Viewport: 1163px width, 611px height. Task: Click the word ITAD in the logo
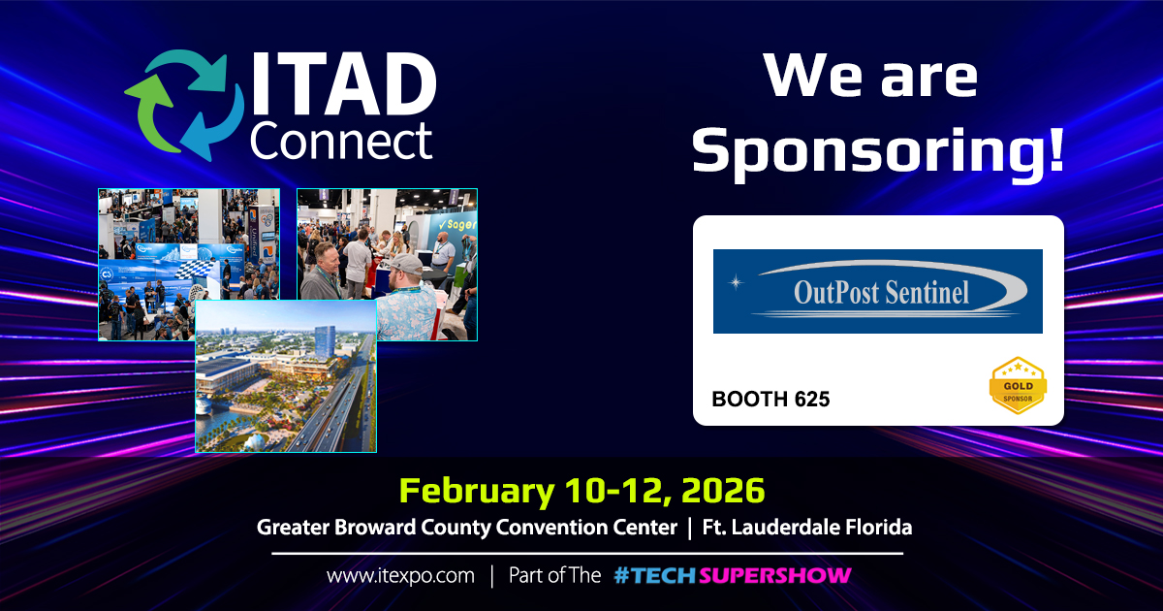tap(345, 84)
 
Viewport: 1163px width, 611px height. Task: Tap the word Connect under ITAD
tap(341, 141)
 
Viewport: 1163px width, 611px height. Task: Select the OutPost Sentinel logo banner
tap(877, 291)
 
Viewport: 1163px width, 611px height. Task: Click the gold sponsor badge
tap(1018, 386)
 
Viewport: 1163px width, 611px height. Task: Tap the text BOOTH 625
tap(770, 399)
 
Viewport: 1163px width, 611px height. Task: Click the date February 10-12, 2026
tap(581, 490)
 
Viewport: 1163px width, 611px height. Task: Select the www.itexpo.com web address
tap(400, 576)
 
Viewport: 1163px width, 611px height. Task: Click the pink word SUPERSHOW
tap(774, 575)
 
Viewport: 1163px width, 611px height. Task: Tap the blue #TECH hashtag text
tap(655, 575)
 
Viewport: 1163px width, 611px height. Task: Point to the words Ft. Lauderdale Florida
tap(806, 528)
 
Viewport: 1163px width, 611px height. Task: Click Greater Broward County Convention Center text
tap(467, 528)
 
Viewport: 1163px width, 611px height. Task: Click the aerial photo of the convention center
tap(286, 375)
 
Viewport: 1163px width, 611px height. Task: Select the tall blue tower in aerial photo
tap(325, 342)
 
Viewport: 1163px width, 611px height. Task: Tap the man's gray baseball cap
tap(406, 264)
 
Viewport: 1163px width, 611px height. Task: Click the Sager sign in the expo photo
tap(456, 224)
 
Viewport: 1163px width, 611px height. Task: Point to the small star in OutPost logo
tap(736, 282)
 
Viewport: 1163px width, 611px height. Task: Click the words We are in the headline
tap(870, 77)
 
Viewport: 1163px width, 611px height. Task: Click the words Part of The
tap(554, 575)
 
